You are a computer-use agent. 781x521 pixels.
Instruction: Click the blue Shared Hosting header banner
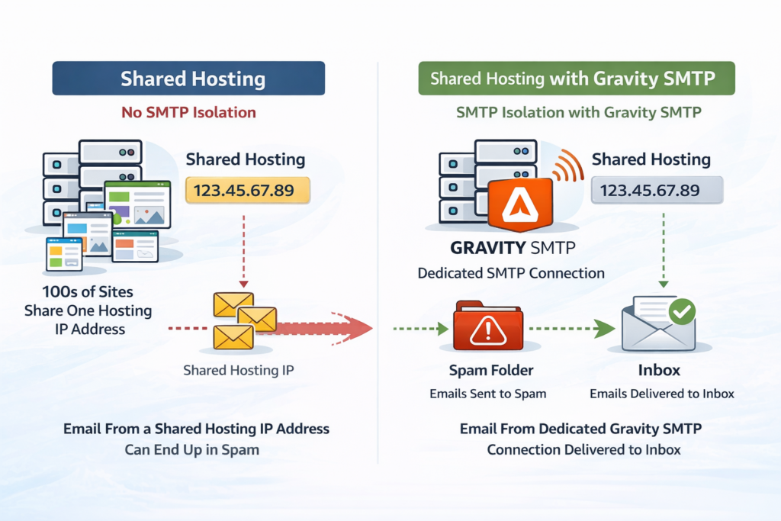click(188, 79)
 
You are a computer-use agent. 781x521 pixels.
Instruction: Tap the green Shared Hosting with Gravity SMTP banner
click(576, 79)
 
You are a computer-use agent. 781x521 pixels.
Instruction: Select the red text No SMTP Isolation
click(188, 113)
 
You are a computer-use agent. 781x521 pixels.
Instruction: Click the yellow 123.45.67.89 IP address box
click(248, 190)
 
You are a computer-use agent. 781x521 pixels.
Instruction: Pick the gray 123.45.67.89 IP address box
click(656, 190)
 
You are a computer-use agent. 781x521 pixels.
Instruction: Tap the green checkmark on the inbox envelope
click(680, 311)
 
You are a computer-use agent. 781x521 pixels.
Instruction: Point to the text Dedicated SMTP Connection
click(511, 273)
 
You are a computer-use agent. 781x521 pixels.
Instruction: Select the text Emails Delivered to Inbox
click(661, 394)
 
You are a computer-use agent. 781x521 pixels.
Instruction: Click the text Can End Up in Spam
click(191, 449)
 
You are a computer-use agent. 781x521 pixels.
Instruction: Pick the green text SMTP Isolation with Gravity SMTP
click(577, 113)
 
